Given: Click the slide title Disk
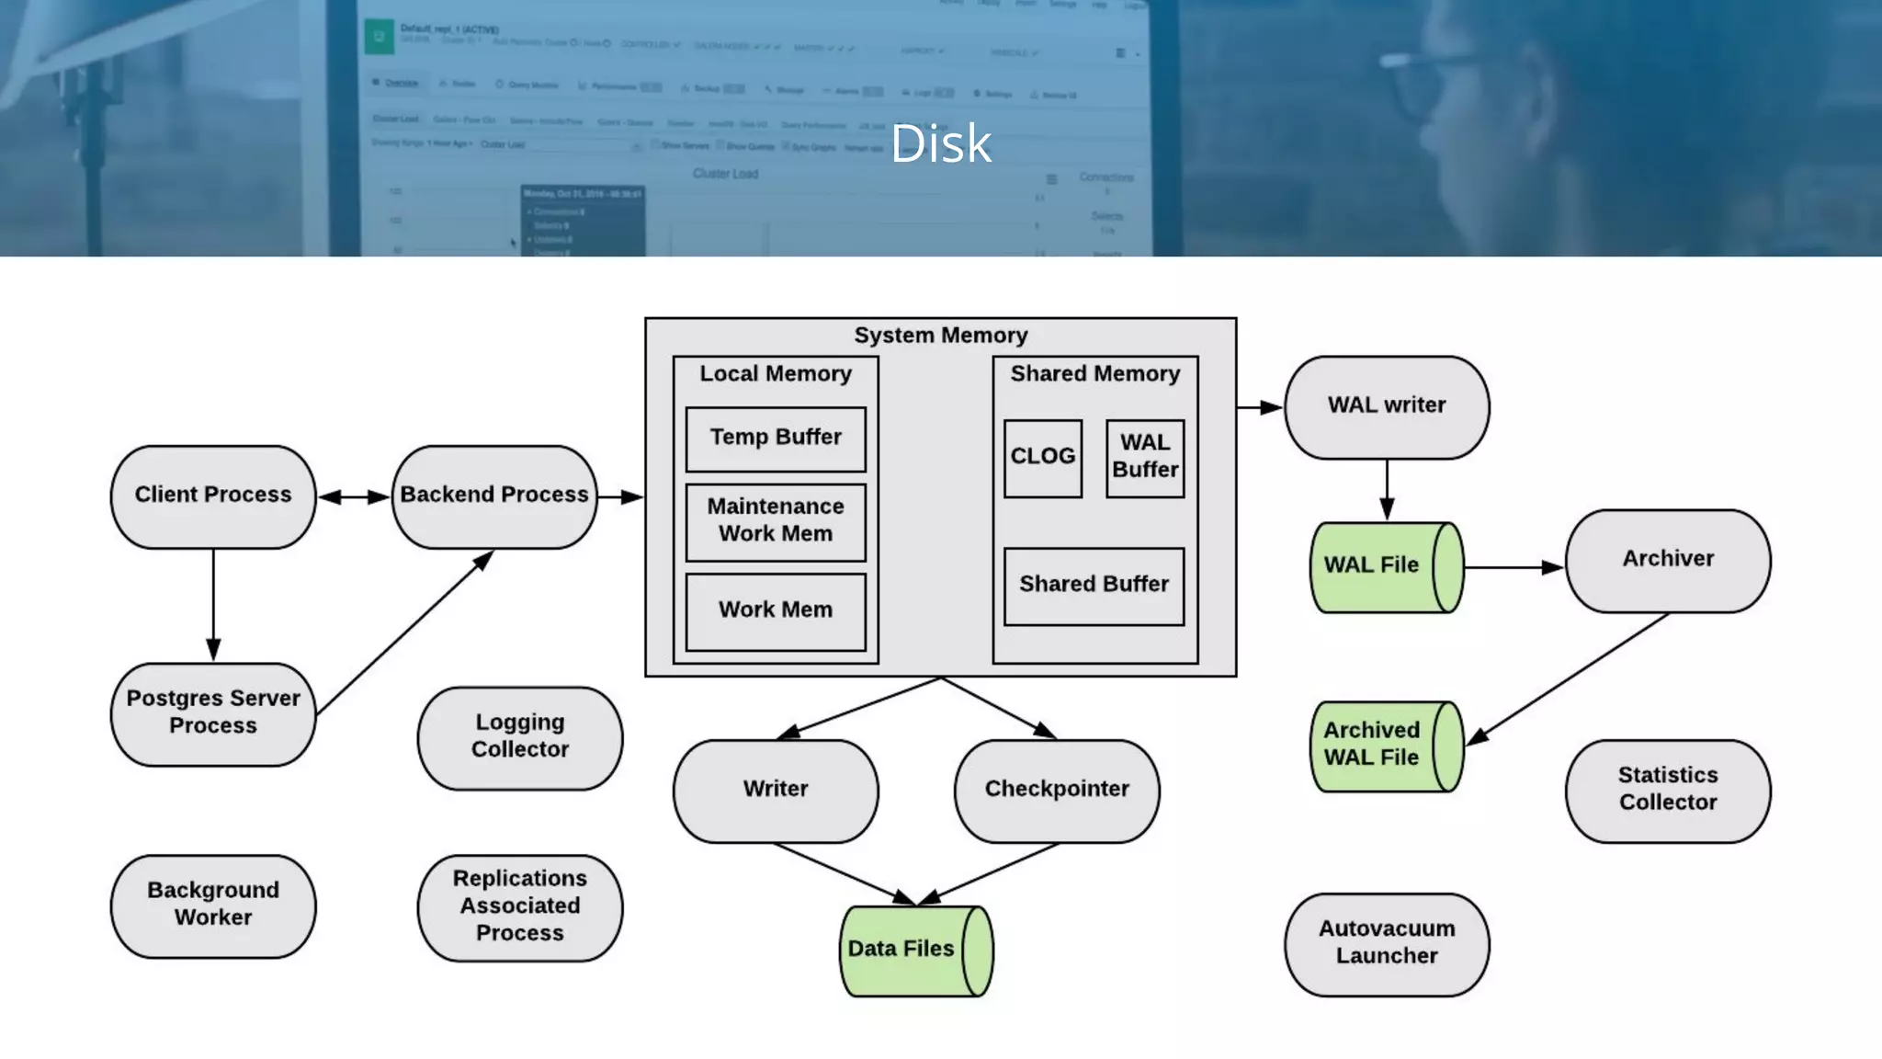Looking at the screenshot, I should pyautogui.click(x=941, y=143).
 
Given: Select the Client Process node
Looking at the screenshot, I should pyautogui.click(x=213, y=496).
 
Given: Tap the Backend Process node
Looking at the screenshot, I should pyautogui.click(x=494, y=496).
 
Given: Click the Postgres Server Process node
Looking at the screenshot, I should pyautogui.click(x=213, y=713).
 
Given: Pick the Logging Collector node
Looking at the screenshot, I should pyautogui.click(x=520, y=737).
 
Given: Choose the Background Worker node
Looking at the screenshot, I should pyautogui.click(x=213, y=905).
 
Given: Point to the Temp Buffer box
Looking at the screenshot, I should pyautogui.click(x=776, y=438).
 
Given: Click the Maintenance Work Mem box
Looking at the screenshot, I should pyautogui.click(x=776, y=521).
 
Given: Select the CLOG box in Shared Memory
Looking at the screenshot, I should pyautogui.click(x=1042, y=458).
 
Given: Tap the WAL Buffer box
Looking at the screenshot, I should pyautogui.click(x=1145, y=458).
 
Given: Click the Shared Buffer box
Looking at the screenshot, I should pyautogui.click(x=1094, y=586).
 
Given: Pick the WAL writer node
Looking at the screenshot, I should pyautogui.click(x=1387, y=406).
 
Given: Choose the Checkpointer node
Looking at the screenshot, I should pyautogui.click(x=1057, y=790).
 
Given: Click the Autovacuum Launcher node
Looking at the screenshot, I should pyautogui.click(x=1387, y=944).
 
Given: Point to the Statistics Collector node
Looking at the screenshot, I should pyautogui.click(x=1668, y=790).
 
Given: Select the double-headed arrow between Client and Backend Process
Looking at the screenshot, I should pyautogui.click(x=354, y=496).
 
